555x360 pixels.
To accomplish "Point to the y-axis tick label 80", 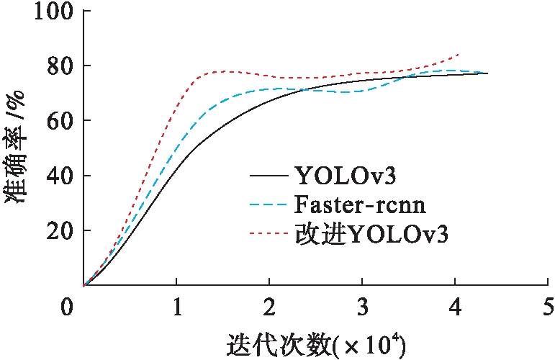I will (x=59, y=66).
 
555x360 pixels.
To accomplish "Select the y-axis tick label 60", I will (x=59, y=121).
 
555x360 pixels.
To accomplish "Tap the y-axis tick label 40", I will (x=59, y=176).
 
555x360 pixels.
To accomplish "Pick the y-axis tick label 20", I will (x=59, y=231).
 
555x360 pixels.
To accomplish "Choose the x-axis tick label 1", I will (x=176, y=307).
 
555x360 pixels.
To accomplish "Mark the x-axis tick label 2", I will (x=269, y=307).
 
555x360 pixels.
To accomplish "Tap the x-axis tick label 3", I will (x=362, y=307).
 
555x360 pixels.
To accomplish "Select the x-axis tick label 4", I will (x=455, y=307).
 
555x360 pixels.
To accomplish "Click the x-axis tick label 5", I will (x=547, y=307).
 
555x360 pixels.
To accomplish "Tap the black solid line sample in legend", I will (x=269, y=175).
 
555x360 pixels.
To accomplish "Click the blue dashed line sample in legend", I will (x=269, y=205).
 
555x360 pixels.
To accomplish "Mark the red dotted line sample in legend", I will (x=269, y=235).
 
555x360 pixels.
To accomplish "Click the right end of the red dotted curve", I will (x=459, y=54).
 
